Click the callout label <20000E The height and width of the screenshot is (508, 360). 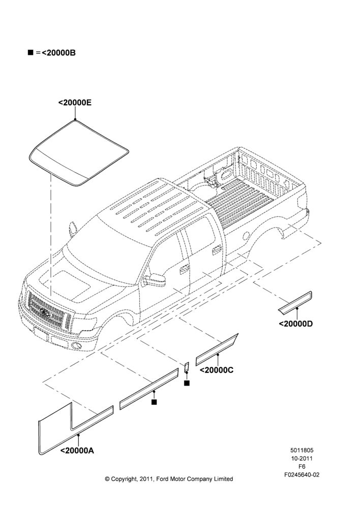(75, 103)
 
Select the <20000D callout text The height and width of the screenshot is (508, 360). (296, 324)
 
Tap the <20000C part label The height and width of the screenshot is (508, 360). (216, 370)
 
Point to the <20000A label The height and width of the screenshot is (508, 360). (77, 450)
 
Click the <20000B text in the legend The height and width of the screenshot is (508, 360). (58, 53)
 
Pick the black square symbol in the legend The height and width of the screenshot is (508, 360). (31, 52)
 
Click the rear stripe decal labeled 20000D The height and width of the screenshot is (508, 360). (295, 303)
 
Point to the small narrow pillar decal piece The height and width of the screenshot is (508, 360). (187, 367)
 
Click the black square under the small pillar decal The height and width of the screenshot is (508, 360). (187, 383)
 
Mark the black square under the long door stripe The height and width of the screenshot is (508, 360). (154, 402)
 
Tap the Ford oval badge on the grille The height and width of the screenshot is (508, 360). (44, 312)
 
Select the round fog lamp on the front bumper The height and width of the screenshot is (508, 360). (76, 345)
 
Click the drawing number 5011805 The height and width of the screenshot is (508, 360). (302, 450)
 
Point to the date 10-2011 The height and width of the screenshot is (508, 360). (302, 458)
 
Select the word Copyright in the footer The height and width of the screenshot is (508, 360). (123, 479)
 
